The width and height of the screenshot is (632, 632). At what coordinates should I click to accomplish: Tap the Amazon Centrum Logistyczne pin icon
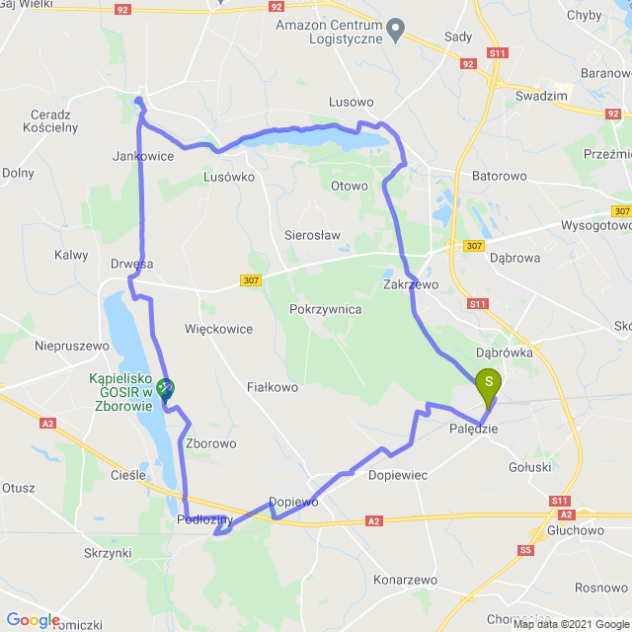(x=395, y=31)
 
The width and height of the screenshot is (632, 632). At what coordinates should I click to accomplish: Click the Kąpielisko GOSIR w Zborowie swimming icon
(x=166, y=389)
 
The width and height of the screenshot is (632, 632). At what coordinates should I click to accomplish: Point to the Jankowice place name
(x=144, y=156)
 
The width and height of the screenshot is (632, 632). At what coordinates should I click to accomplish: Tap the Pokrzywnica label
(x=326, y=309)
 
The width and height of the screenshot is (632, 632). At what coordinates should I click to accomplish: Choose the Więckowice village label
(x=218, y=329)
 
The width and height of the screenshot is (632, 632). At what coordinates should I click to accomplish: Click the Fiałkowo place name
(x=272, y=387)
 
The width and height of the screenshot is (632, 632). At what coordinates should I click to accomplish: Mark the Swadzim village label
(x=539, y=96)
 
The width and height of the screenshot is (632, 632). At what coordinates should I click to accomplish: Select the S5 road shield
(x=525, y=549)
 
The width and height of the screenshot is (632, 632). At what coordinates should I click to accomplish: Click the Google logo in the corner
(x=33, y=620)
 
